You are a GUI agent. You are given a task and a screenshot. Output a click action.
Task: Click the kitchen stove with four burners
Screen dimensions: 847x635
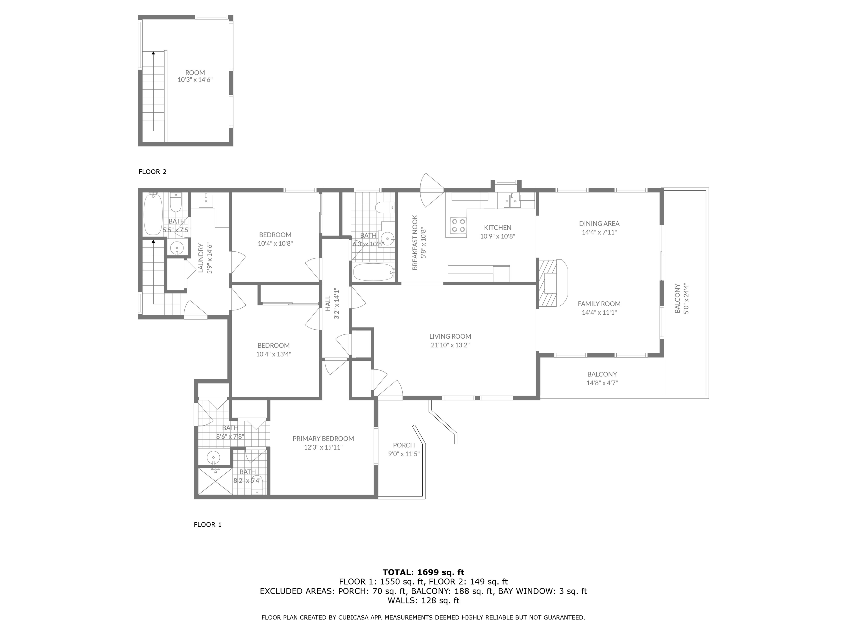pos(458,225)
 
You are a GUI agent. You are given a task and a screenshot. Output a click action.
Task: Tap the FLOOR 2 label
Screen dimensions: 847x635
pos(152,172)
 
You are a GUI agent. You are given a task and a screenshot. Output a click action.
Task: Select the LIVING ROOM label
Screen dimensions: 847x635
pos(450,336)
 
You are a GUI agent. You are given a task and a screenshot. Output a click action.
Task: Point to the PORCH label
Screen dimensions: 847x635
pos(404,445)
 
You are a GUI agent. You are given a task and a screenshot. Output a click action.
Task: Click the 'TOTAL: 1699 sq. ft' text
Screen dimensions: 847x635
pos(423,572)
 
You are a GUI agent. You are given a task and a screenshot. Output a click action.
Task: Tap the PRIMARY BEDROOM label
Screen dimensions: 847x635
pos(323,439)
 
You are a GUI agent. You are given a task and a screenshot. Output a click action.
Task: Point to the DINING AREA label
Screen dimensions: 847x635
pos(599,224)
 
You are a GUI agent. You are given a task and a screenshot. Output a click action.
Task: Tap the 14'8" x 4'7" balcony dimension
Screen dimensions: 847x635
pos(602,383)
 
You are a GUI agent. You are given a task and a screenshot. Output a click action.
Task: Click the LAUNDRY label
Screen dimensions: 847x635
pos(201,258)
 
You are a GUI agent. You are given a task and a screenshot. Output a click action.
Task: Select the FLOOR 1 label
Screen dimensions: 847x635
pos(208,525)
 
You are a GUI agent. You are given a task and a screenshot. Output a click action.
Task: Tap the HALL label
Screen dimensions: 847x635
pos(328,303)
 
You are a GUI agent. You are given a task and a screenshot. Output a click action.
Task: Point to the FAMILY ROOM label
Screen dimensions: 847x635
pos(599,304)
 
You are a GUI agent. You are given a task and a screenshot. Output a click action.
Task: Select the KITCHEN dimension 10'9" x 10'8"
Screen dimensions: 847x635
pos(498,237)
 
